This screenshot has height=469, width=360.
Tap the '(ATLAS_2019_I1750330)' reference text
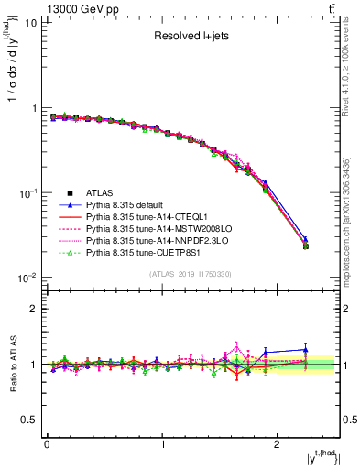point(191,274)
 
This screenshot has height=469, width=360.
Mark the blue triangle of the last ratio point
point(306,349)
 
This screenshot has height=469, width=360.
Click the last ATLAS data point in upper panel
point(306,245)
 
